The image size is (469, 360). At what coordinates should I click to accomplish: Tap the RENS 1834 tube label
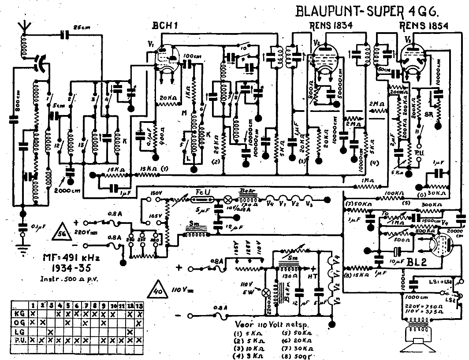coord(331,26)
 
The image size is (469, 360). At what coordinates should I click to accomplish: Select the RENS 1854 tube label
coord(424,26)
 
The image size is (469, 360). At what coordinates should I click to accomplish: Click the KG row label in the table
coord(19,313)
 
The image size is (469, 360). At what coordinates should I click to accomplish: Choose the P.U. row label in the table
coord(19,340)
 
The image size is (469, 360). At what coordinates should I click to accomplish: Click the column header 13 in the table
coord(139,305)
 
